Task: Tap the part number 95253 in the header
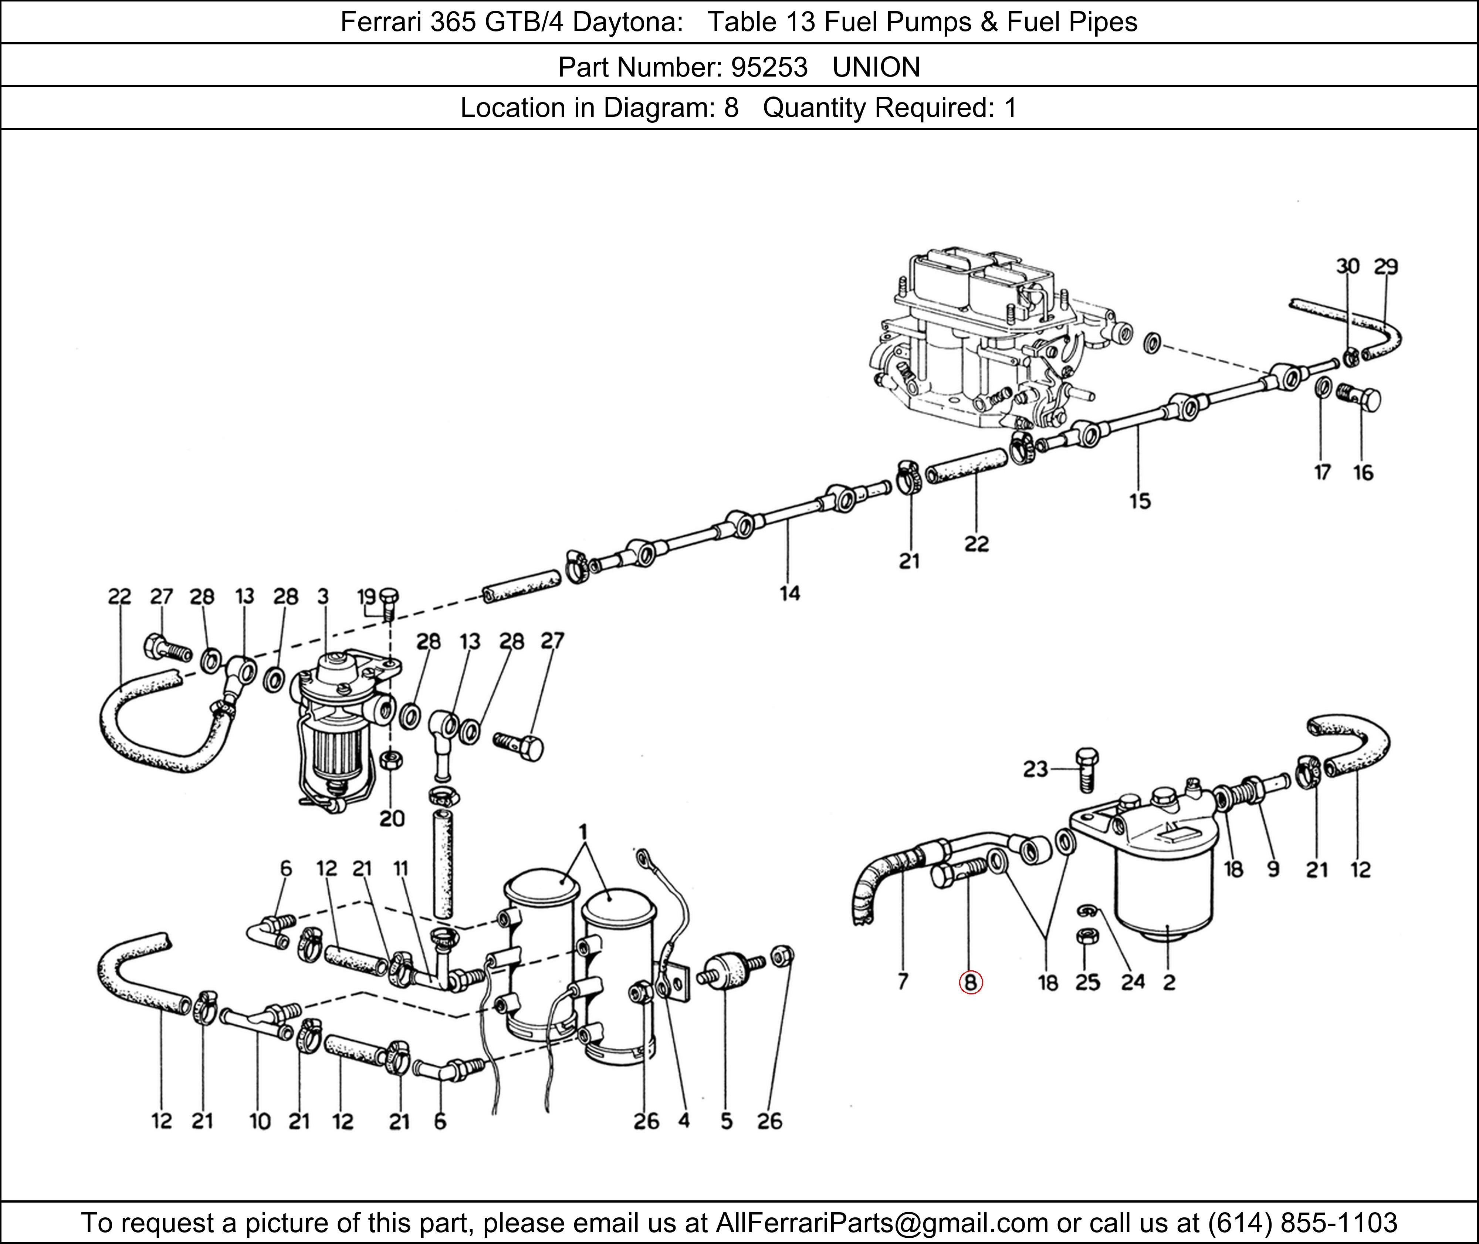click(769, 67)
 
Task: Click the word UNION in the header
click(876, 67)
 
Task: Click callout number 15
click(1139, 501)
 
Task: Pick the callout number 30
click(1347, 267)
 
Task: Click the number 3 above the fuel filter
click(323, 596)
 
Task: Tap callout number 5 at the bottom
click(726, 1121)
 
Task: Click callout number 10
click(260, 1121)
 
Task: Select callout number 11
click(400, 868)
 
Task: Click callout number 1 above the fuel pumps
click(583, 832)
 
